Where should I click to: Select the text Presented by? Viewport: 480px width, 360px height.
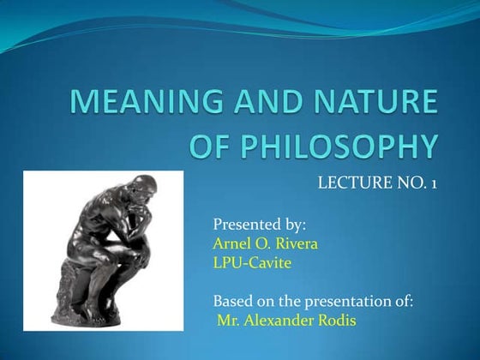point(259,225)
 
